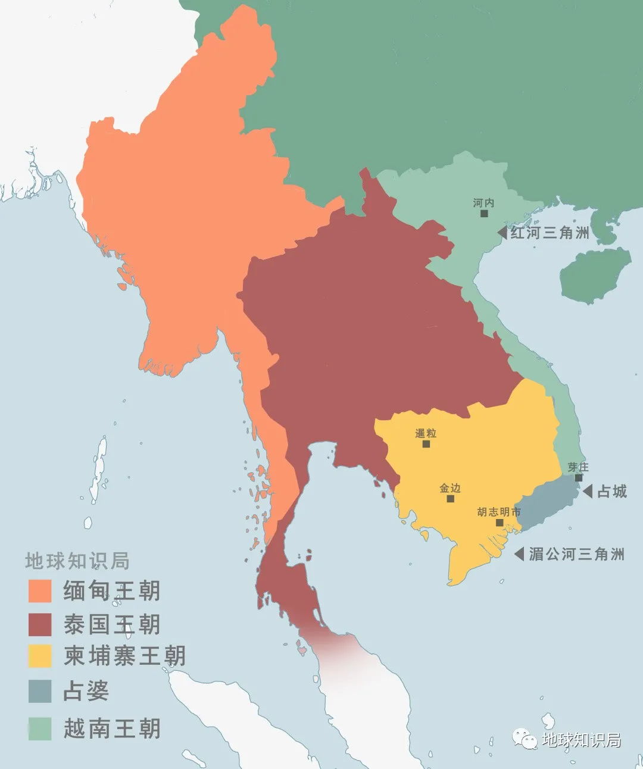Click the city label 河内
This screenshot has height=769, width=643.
[483, 203]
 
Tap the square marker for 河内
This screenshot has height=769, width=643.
[484, 213]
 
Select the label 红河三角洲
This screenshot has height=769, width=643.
[550, 233]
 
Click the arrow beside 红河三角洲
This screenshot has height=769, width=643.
[502, 233]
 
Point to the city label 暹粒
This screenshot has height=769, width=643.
[426, 433]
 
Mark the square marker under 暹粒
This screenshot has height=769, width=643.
[426, 443]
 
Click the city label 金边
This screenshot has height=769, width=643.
[450, 488]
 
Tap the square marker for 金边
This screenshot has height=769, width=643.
[450, 498]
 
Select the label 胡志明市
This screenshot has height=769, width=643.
[499, 512]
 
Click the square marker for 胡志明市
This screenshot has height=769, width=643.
[500, 523]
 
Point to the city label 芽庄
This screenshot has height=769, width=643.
[578, 467]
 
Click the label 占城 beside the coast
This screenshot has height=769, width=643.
[612, 492]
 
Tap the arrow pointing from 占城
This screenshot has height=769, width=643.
[587, 492]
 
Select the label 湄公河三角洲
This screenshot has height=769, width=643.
[576, 554]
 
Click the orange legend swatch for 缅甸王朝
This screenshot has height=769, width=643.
[40, 591]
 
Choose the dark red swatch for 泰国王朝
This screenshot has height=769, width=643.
[40, 624]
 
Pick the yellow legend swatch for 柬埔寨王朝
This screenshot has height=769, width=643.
[40, 656]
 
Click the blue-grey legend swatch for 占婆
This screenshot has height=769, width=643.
[40, 691]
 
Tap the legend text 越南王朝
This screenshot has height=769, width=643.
[112, 729]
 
